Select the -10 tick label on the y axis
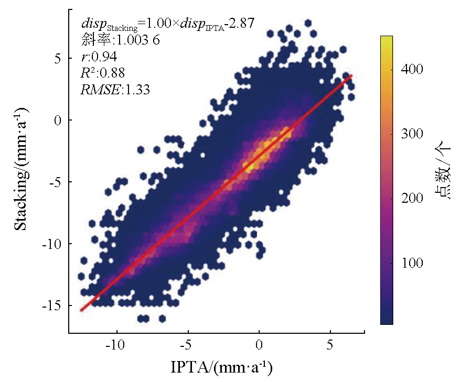click(x=52, y=244)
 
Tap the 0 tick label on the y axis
click(x=58, y=121)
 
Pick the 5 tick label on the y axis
click(x=58, y=59)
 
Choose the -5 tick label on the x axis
click(x=188, y=346)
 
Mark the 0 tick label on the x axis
click(x=259, y=346)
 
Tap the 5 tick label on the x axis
click(x=330, y=346)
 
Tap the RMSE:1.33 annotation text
click(x=115, y=90)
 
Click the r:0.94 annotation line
click(x=99, y=57)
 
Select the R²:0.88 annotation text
click(x=103, y=73)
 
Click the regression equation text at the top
click(x=168, y=24)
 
